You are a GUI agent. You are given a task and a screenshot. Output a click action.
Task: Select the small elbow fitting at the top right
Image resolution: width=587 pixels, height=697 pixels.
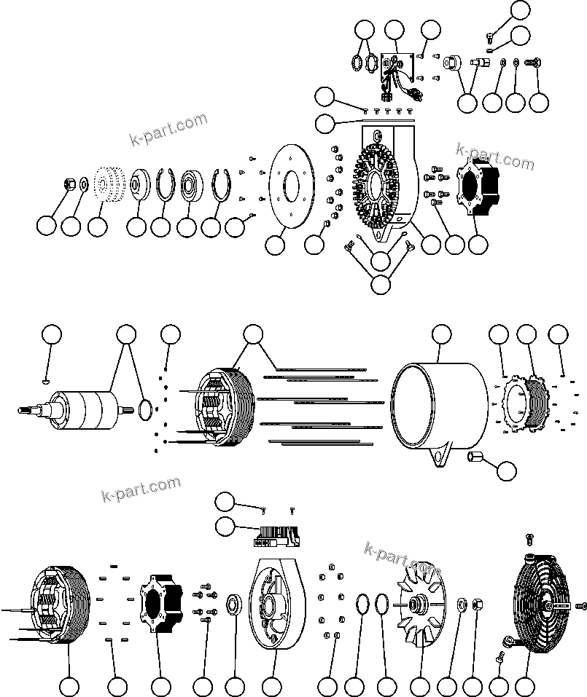490,34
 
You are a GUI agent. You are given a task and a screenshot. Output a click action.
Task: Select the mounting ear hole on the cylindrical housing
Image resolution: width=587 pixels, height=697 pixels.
440,458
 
